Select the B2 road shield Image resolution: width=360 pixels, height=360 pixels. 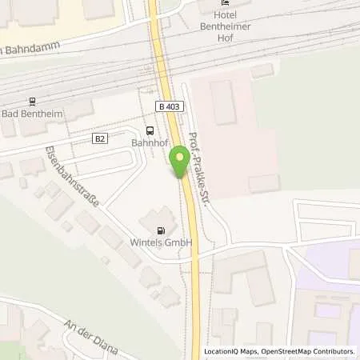pos(100,138)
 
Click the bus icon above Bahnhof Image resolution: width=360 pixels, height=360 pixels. pos(150,130)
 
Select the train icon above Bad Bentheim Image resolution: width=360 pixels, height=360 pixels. pos(33,102)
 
